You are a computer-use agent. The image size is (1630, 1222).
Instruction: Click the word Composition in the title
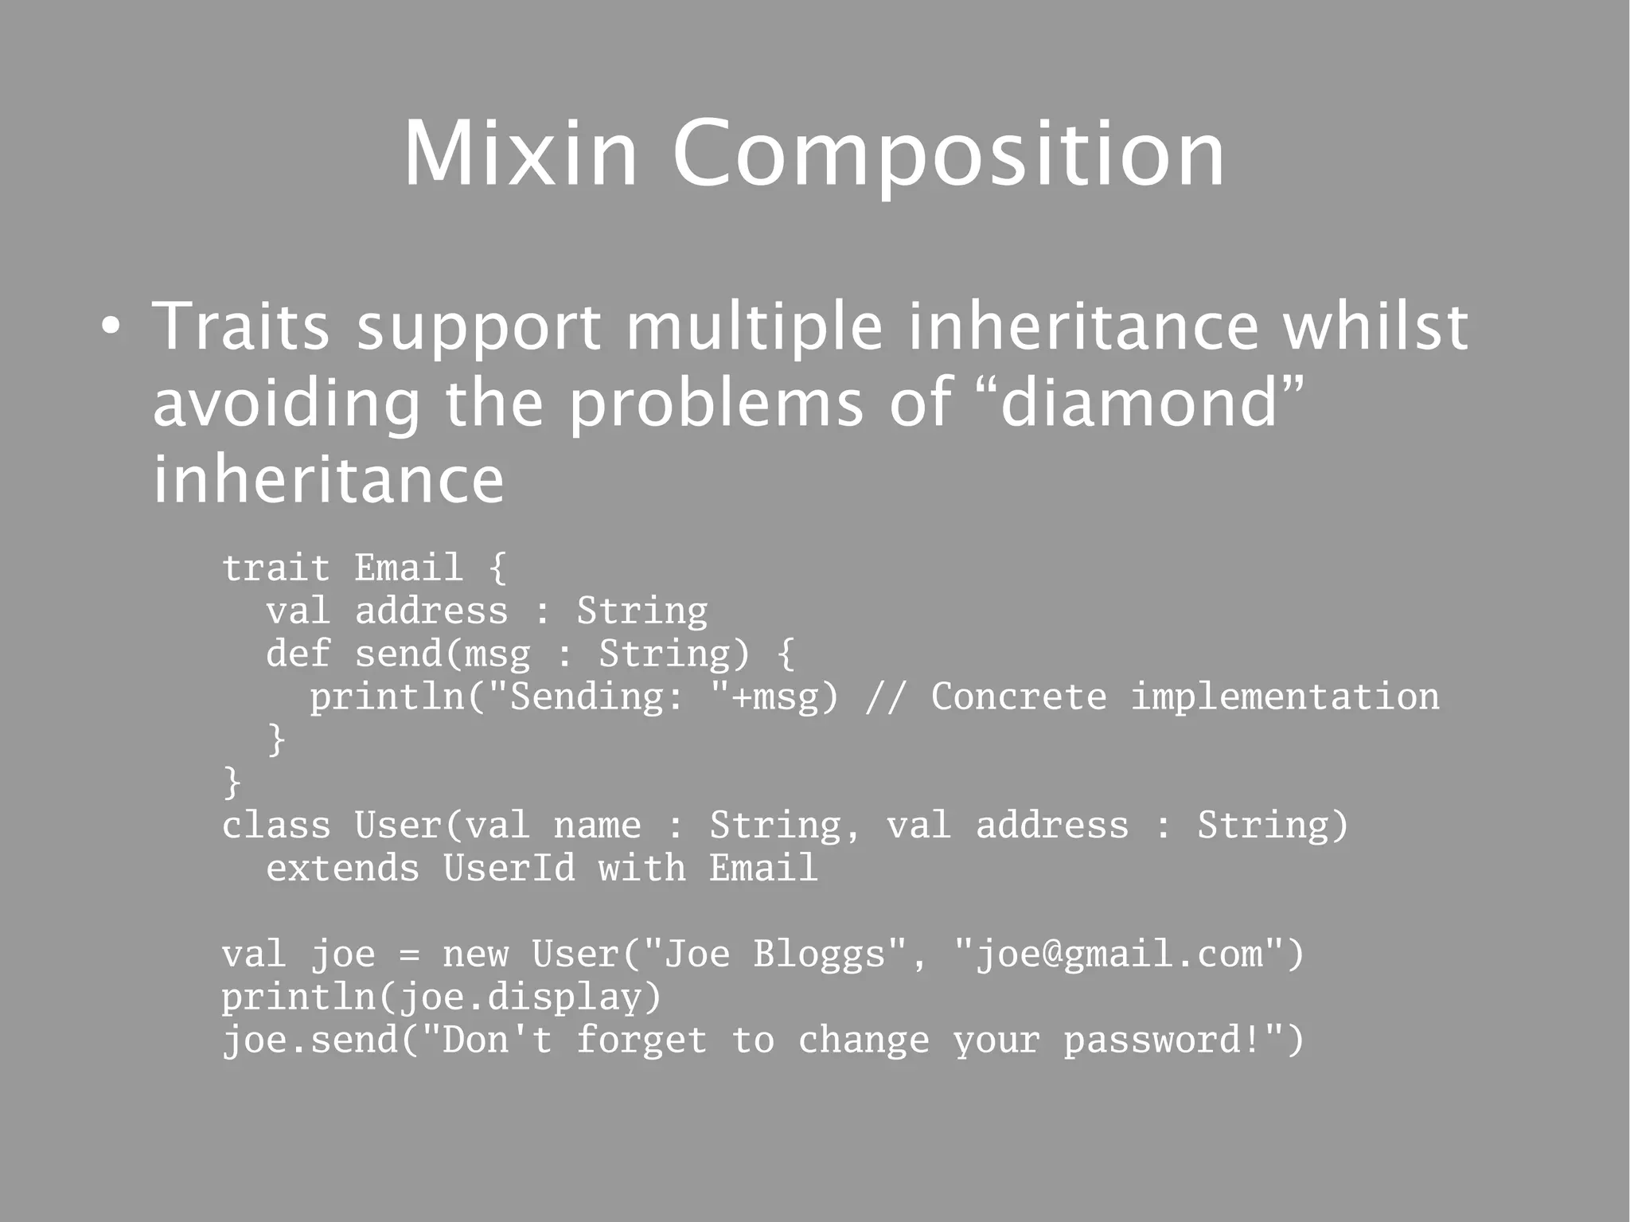pyautogui.click(x=949, y=156)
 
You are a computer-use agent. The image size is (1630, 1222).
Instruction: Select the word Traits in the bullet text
pyautogui.click(x=240, y=326)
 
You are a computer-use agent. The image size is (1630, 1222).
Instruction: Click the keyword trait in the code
pyautogui.click(x=275, y=568)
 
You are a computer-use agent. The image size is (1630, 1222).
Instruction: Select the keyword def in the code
pyautogui.click(x=297, y=654)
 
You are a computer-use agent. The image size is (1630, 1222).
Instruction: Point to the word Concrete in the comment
pyautogui.click(x=1019, y=697)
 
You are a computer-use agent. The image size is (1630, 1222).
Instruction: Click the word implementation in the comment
pyautogui.click(x=1285, y=697)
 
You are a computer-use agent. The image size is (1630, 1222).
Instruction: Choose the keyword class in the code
pyautogui.click(x=275, y=826)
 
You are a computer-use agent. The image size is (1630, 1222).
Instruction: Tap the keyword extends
pyautogui.click(x=342, y=869)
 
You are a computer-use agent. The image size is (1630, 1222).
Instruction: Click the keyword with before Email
pyautogui.click(x=641, y=869)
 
